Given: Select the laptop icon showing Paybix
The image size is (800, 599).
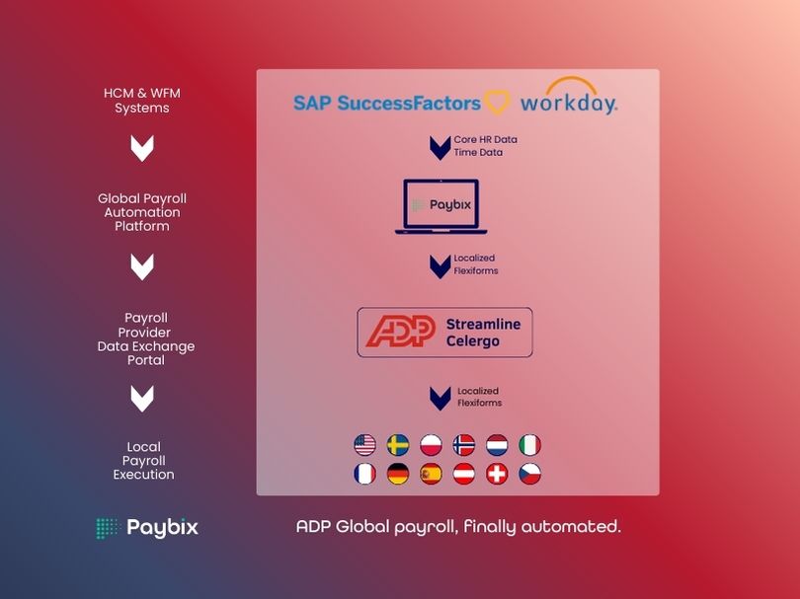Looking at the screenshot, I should (440, 206).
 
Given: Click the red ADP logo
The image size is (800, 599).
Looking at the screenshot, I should (401, 332).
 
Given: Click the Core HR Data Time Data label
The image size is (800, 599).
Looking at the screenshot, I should (485, 146).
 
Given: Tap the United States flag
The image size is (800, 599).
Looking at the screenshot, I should (364, 445).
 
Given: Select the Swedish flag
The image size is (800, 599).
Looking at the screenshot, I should (398, 445).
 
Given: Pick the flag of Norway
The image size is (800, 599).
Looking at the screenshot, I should (464, 445).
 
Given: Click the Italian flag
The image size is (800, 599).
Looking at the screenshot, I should (530, 445).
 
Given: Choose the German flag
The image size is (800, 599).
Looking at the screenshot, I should (398, 474).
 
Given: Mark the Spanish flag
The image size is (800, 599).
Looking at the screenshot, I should (432, 474).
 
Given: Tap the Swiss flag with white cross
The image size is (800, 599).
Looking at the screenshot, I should (498, 474).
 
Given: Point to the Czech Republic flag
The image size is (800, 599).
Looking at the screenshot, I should (530, 474).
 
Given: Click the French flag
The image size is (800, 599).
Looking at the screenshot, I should (364, 474).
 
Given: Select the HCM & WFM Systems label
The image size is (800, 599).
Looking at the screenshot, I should (142, 101).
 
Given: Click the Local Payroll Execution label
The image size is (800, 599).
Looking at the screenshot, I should (143, 461).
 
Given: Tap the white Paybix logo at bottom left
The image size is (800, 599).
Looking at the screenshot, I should (147, 528).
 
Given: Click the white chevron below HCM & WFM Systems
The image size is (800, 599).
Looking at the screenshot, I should (142, 148).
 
